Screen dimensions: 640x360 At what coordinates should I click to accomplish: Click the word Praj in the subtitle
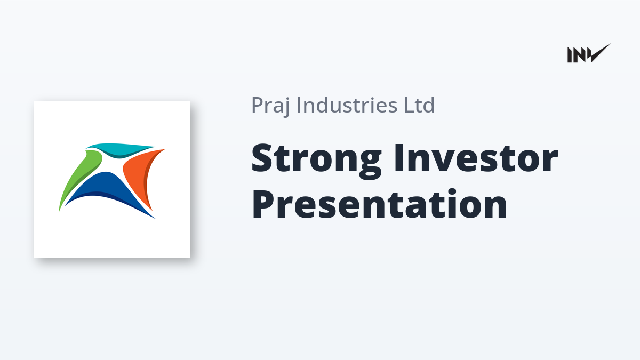(x=271, y=106)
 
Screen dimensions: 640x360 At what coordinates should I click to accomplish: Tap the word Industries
(x=347, y=105)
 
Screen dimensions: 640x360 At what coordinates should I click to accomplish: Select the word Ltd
(x=419, y=105)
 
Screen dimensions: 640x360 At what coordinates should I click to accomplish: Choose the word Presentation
(x=379, y=204)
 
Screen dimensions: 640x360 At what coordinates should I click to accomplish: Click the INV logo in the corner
(x=589, y=53)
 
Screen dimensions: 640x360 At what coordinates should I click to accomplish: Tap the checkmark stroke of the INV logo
(x=599, y=53)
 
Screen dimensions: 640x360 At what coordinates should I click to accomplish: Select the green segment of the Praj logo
(x=78, y=177)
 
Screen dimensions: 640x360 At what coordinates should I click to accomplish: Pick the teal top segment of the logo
(x=120, y=150)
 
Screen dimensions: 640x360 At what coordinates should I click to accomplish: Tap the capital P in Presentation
(x=263, y=204)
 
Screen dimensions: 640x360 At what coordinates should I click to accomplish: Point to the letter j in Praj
(x=286, y=107)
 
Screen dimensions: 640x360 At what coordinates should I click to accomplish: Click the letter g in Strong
(x=370, y=166)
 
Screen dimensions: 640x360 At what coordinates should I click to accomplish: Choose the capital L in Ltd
(x=409, y=105)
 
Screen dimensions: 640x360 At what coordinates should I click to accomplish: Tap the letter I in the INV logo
(x=570, y=55)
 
